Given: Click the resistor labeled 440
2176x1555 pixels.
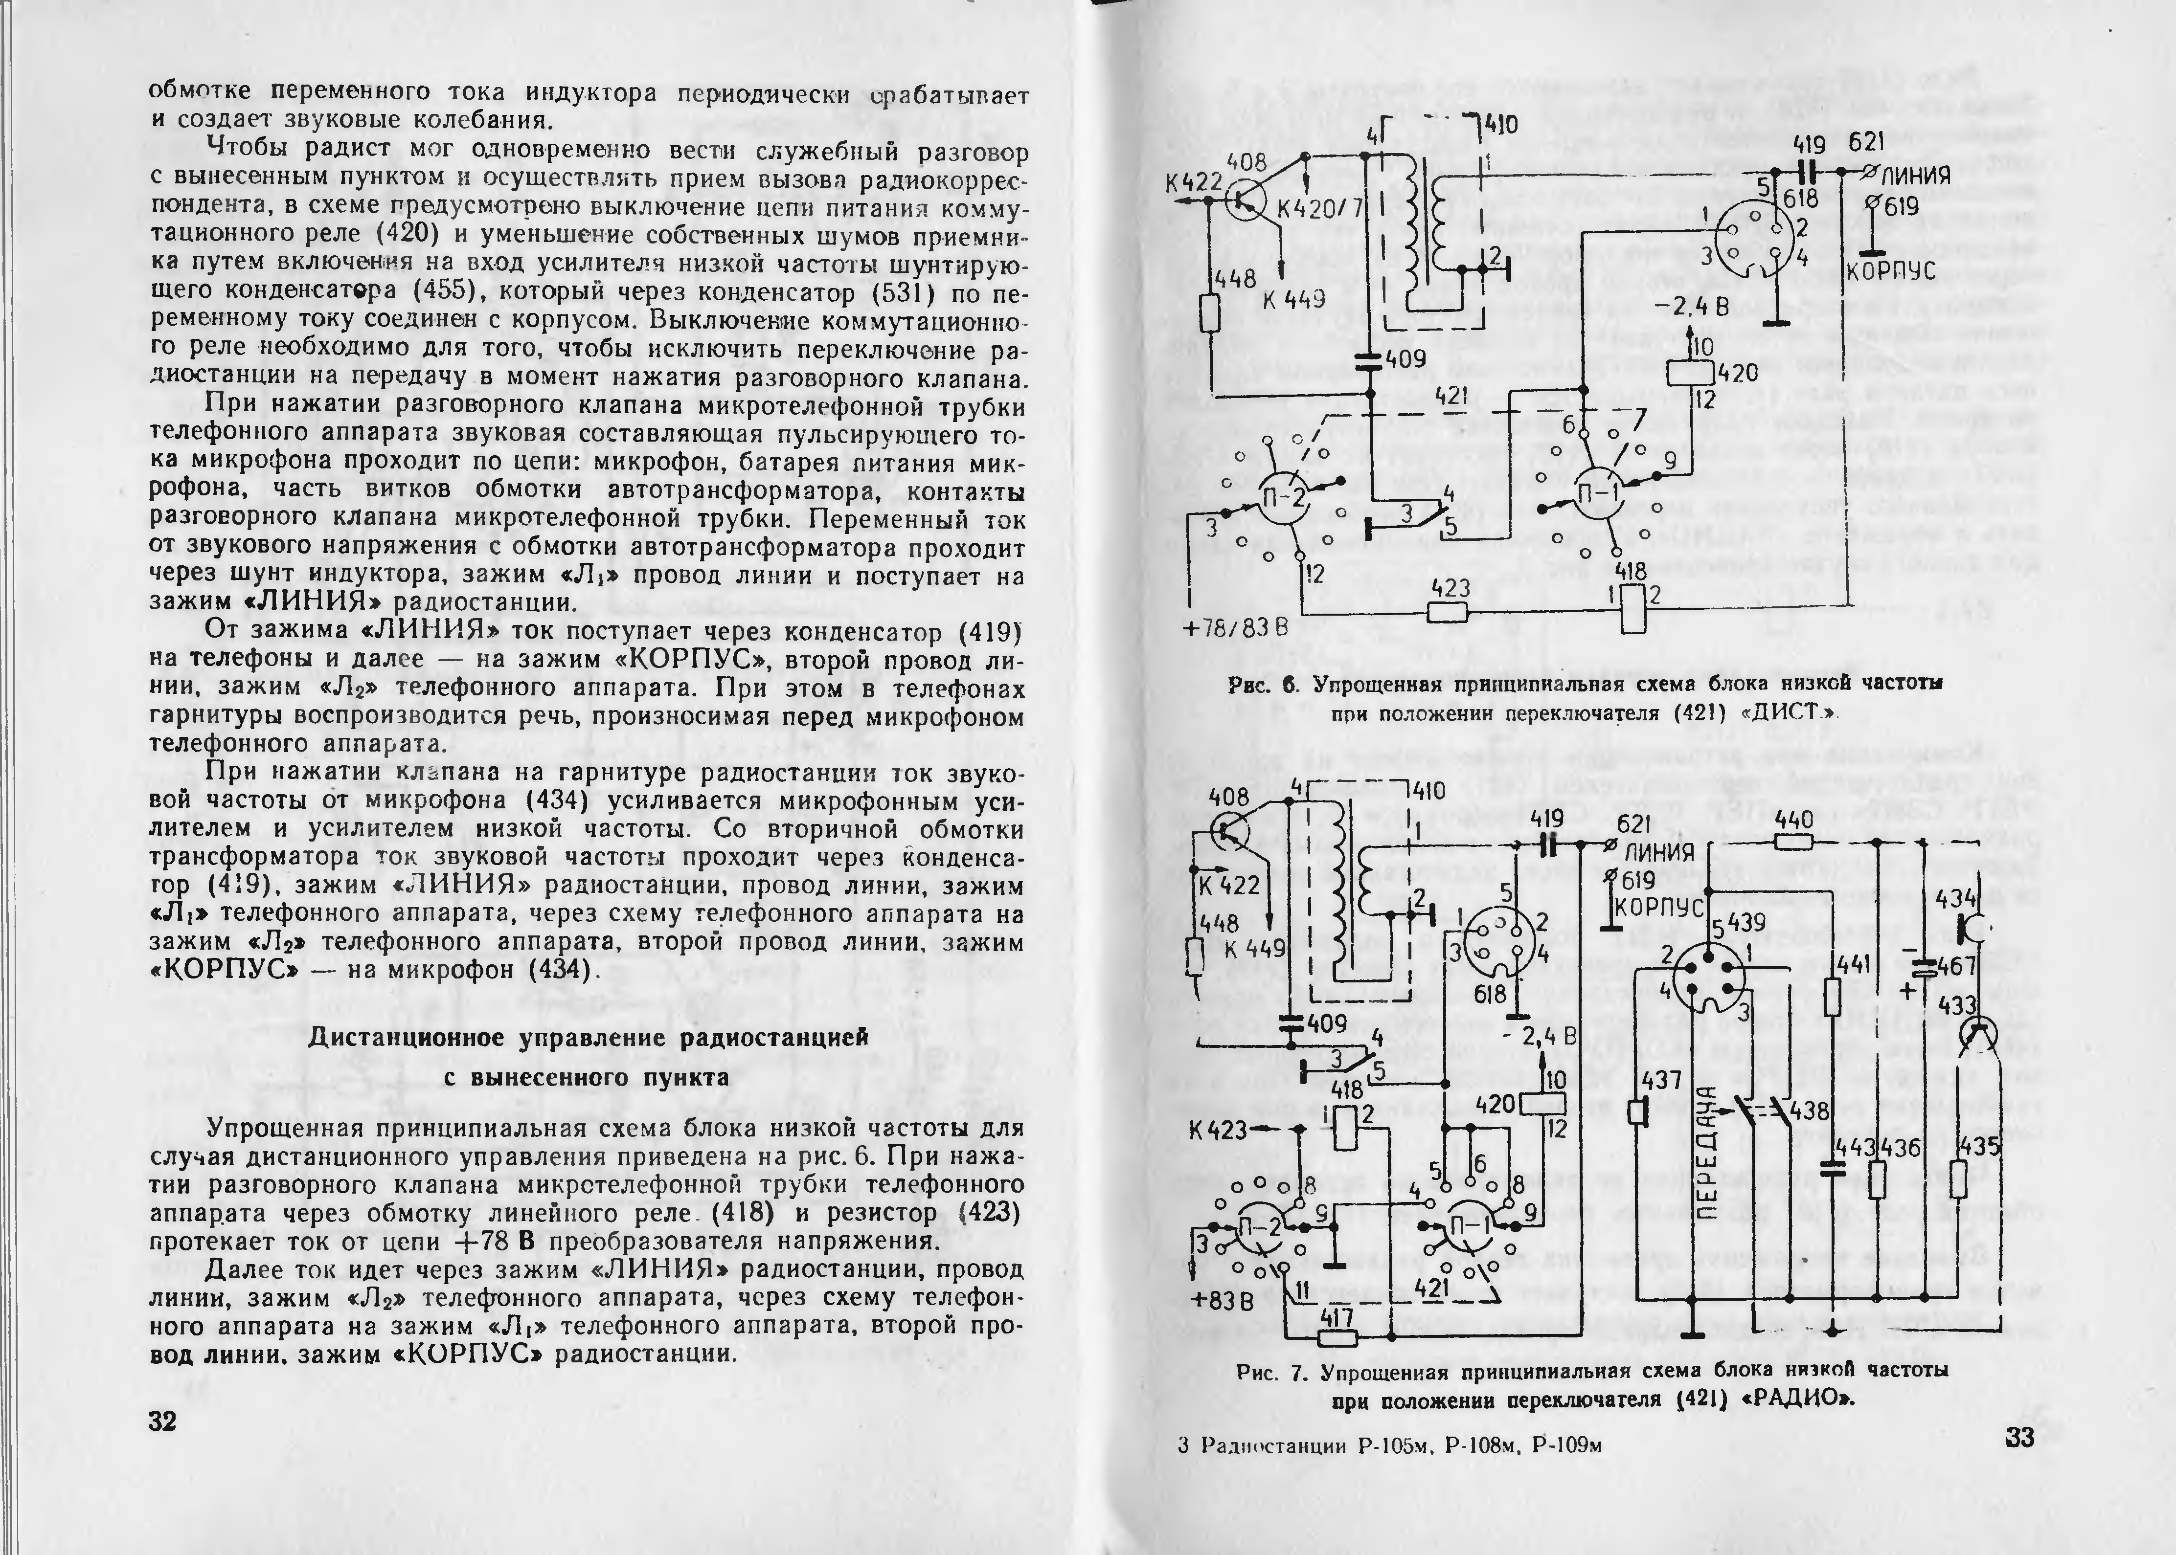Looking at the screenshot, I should coord(1793,841).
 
